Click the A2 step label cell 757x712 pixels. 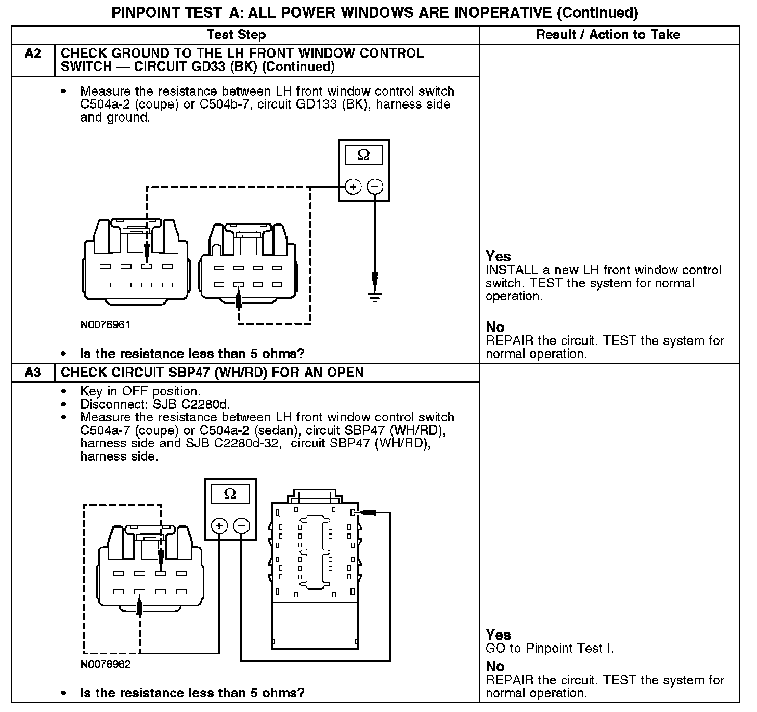tap(33, 54)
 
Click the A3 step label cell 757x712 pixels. tap(33, 373)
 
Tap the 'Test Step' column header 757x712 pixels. tap(236, 35)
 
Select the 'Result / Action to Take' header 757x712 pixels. tap(608, 35)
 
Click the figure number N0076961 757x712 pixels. tap(105, 325)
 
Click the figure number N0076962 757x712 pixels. tap(105, 664)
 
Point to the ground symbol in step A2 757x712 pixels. tap(375, 297)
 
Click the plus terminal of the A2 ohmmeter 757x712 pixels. tap(353, 187)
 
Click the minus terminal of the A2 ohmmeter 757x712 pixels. tap(375, 187)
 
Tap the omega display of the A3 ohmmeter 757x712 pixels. tap(230, 494)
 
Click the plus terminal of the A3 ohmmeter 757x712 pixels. tap(219, 526)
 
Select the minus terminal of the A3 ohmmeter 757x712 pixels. tap(241, 526)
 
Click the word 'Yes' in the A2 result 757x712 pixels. tap(498, 256)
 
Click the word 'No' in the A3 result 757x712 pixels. tap(495, 666)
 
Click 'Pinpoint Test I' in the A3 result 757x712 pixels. tap(569, 649)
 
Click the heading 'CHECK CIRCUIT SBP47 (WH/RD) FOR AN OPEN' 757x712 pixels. tap(212, 373)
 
